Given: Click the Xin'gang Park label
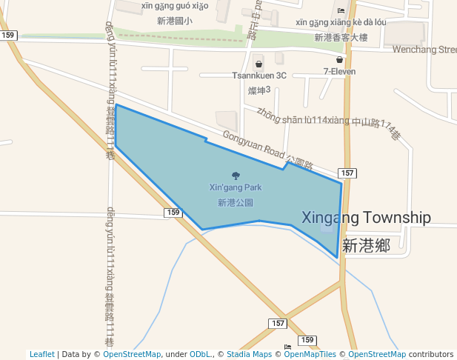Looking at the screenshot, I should tap(236, 187).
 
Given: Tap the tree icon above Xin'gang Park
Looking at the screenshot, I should tap(236, 176).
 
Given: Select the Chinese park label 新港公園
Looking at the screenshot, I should tap(236, 201).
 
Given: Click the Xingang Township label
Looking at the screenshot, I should tap(366, 218).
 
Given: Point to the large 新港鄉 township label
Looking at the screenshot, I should tap(366, 245).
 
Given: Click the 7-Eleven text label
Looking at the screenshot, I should tap(339, 72).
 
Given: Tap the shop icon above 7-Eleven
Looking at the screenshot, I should tap(339, 60).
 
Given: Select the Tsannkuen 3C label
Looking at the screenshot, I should tap(258, 76).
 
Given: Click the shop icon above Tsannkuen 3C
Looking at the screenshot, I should tap(258, 64).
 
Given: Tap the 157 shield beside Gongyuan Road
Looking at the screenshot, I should tap(350, 173).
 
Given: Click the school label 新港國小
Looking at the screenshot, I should tap(175, 21).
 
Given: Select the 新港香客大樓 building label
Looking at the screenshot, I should tap(341, 37).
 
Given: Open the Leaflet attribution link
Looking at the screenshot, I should tap(41, 355).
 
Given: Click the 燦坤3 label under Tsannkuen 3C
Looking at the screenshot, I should tap(258, 90).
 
